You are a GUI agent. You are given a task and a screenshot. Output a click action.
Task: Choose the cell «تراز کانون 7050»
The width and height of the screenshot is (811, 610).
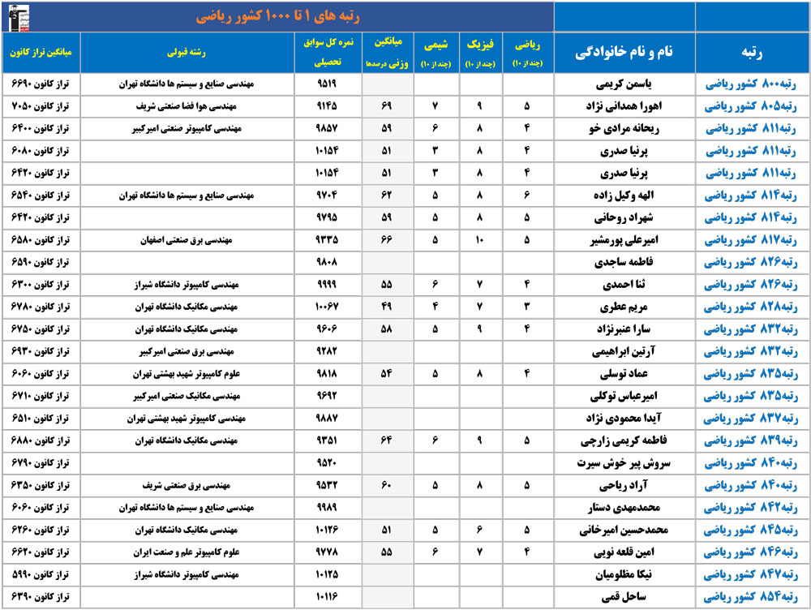click(41, 105)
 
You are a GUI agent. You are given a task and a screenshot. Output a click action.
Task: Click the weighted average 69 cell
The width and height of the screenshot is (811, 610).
click(386, 105)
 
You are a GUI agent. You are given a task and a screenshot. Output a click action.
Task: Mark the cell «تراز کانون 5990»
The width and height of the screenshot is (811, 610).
click(41, 575)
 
